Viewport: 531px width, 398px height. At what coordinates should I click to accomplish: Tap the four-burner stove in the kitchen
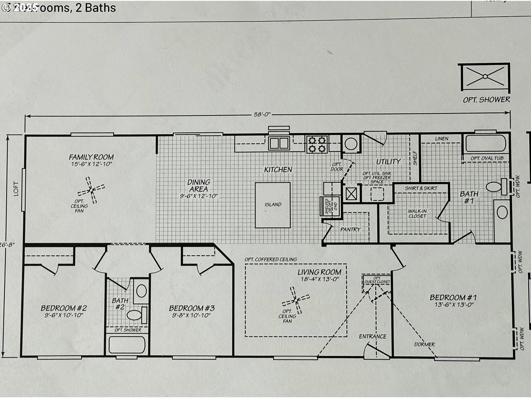click(x=317, y=144)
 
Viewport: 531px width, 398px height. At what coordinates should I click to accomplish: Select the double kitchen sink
click(x=279, y=143)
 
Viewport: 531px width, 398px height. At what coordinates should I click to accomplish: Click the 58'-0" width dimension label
click(x=262, y=114)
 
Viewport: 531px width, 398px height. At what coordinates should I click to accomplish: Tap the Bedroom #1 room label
click(x=453, y=298)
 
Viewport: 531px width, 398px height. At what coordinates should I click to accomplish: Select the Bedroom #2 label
click(x=64, y=308)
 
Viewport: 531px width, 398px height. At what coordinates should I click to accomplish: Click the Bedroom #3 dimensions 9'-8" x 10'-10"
click(x=191, y=315)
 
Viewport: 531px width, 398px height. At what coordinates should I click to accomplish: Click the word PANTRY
click(x=350, y=229)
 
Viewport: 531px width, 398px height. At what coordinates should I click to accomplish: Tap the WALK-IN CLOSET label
click(x=417, y=213)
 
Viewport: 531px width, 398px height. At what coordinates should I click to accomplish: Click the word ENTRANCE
click(x=373, y=336)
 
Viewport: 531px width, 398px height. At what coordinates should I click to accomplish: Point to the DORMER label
click(x=424, y=344)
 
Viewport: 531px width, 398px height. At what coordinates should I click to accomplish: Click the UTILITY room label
click(x=388, y=162)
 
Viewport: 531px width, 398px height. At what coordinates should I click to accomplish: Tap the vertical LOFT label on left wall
click(x=16, y=189)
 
